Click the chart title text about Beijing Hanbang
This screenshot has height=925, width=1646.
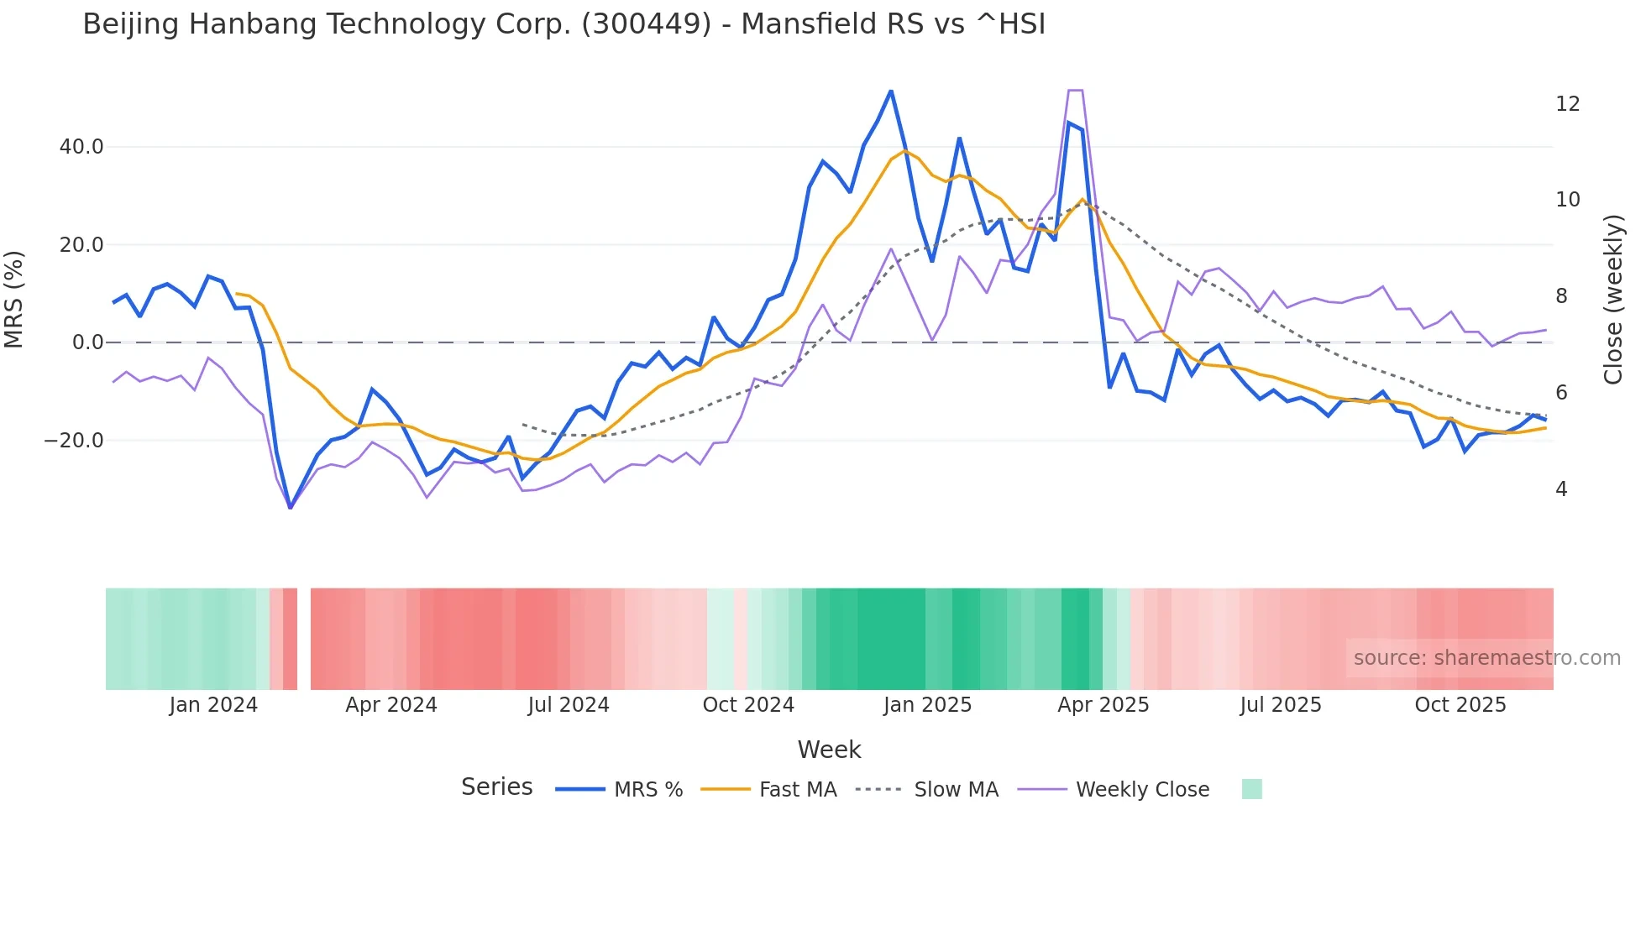564,24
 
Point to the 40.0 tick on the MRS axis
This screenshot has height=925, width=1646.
81,147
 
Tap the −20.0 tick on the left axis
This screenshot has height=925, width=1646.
74,441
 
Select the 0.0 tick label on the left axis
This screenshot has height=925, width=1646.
87,342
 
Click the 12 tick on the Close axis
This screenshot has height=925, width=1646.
1567,104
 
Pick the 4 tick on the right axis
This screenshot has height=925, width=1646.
1561,489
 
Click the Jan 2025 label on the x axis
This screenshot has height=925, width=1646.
927,705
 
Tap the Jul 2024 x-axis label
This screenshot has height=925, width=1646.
569,705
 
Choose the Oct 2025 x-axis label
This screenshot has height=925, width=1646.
1460,705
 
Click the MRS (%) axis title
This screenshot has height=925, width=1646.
14,299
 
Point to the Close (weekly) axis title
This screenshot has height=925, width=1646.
1613,300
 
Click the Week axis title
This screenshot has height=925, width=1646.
829,750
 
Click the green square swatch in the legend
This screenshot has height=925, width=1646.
1251,789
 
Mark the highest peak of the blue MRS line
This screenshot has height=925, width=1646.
891,91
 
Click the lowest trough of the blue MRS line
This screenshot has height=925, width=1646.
291,508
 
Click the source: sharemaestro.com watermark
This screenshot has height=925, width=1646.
1486,658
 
